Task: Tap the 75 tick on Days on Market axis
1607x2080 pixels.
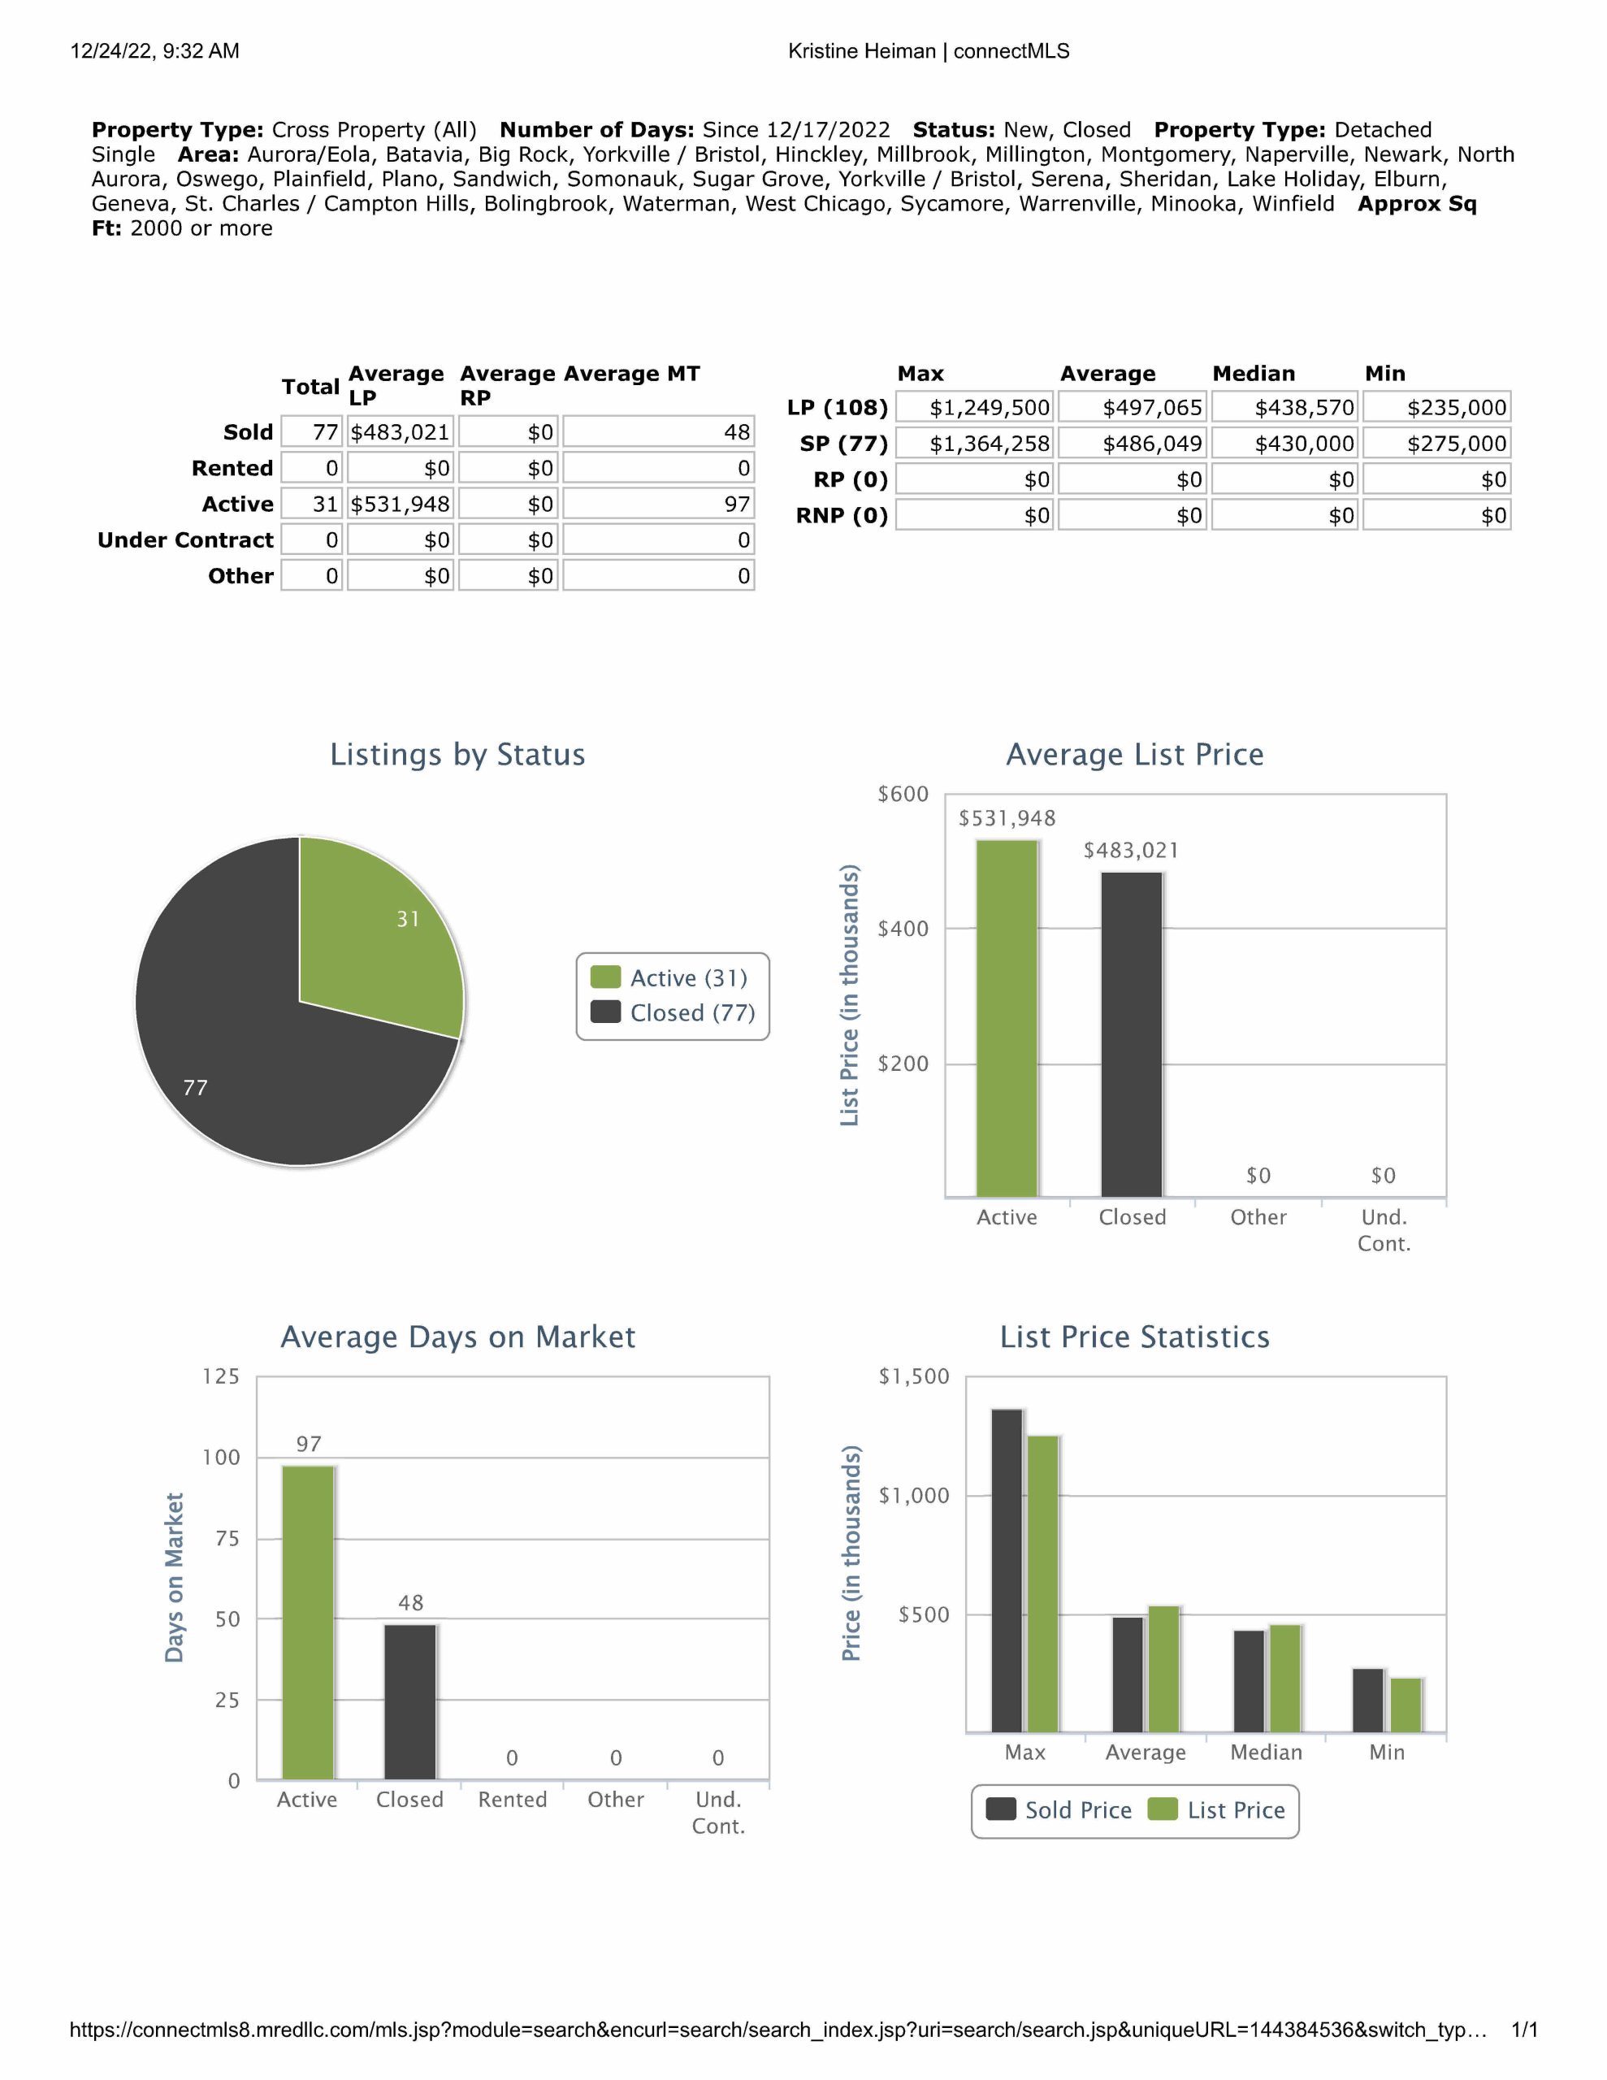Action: pyautogui.click(x=227, y=1538)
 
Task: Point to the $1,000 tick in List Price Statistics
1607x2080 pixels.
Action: pyautogui.click(x=913, y=1495)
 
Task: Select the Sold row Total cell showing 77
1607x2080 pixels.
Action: pyautogui.click(x=313, y=432)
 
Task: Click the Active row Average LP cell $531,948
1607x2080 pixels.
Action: pyautogui.click(x=400, y=504)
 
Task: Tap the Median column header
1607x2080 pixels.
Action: pyautogui.click(x=1254, y=373)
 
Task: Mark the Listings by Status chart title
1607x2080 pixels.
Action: pyautogui.click(x=457, y=754)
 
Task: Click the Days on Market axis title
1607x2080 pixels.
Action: pyautogui.click(x=175, y=1577)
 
